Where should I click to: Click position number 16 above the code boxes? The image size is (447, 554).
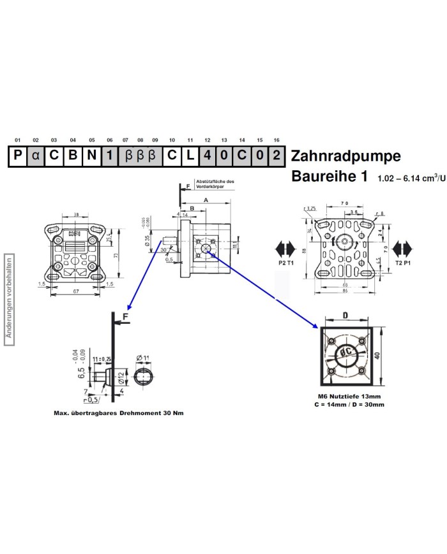(275, 140)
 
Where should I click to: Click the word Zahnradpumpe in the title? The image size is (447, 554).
(345, 156)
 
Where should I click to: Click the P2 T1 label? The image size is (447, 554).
(286, 262)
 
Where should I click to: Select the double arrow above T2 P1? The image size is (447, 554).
(404, 247)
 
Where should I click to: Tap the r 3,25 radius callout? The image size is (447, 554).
(311, 208)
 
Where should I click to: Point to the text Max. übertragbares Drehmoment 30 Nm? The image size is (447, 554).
(119, 413)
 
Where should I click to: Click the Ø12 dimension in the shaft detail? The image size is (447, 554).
(119, 376)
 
